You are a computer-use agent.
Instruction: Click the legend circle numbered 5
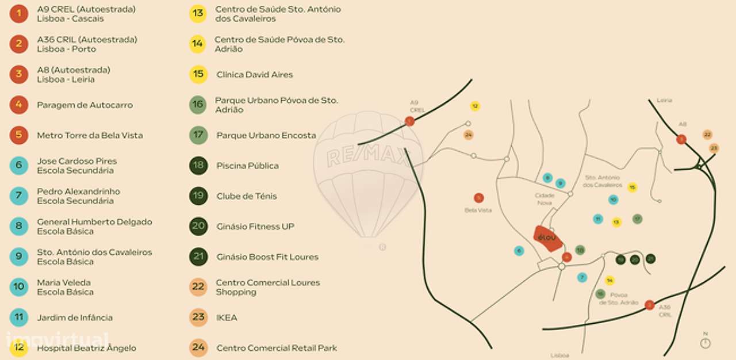[19, 135]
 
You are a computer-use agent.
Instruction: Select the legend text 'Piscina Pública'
[247, 166]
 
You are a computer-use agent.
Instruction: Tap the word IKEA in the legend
[227, 317]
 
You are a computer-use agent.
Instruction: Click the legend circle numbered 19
[198, 196]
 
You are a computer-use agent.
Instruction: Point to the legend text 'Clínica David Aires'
[254, 75]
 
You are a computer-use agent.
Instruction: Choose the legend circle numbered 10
[19, 287]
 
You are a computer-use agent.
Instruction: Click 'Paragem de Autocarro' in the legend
[85, 105]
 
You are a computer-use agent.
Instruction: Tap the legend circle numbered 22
[198, 287]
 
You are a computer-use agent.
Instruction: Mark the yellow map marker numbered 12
[475, 106]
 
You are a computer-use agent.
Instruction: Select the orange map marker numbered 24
[469, 135]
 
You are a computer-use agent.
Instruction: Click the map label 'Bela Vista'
[478, 210]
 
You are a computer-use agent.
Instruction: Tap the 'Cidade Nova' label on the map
[544, 199]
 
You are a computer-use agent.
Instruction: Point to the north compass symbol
[706, 343]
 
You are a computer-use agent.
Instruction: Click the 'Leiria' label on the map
[664, 101]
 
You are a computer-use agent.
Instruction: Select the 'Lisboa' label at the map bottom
[559, 355]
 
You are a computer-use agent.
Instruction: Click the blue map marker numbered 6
[519, 251]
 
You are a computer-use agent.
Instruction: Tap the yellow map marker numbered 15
[632, 187]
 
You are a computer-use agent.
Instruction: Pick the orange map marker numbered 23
[714, 148]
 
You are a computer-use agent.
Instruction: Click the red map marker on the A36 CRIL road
[650, 305]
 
